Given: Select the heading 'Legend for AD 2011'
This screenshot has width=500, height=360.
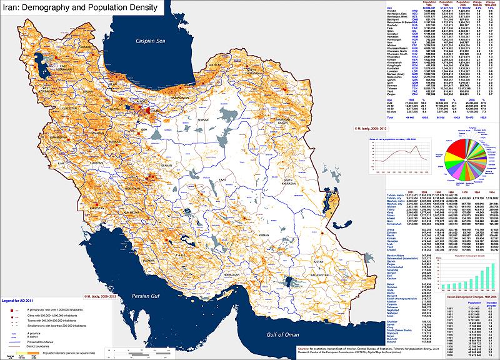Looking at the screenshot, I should [21, 302].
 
